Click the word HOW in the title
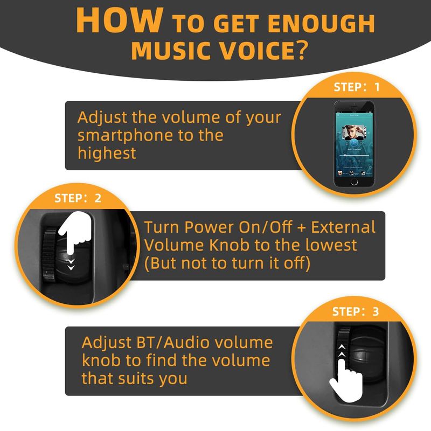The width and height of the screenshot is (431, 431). tap(120, 20)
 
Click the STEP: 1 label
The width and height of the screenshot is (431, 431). tap(357, 87)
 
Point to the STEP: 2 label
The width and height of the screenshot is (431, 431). tap(78, 198)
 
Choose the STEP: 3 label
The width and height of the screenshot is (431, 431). tap(356, 311)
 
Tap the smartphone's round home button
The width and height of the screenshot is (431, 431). tap(354, 182)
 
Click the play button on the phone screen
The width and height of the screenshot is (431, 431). tap(354, 143)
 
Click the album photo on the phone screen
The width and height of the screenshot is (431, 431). tap(354, 132)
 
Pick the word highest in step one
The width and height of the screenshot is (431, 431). tap(107, 154)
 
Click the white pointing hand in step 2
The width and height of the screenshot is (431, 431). tap(74, 232)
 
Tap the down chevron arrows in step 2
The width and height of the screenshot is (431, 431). tap(71, 264)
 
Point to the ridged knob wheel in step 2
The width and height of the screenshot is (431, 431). tap(49, 253)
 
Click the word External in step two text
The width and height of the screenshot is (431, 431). tap(343, 227)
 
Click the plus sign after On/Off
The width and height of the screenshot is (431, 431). tap(301, 228)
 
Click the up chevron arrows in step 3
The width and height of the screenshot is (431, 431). tap(342, 351)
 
